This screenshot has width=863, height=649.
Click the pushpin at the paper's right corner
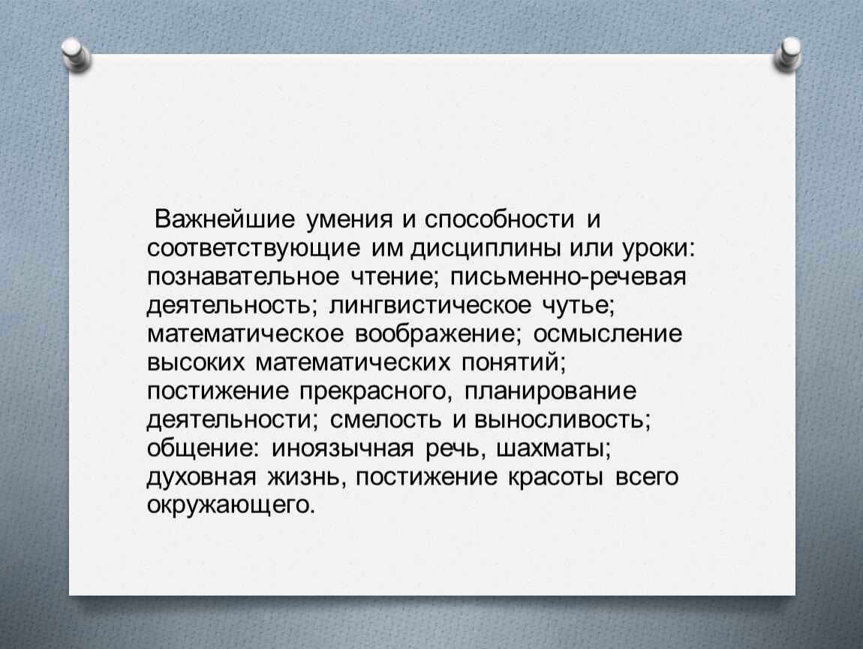pos(788,55)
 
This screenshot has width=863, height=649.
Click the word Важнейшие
pos(224,219)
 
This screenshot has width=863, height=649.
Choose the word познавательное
pos(243,276)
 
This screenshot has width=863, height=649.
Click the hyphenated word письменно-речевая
pos(569,277)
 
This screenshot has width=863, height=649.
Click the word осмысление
pos(608,334)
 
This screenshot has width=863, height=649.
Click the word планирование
pos(550,391)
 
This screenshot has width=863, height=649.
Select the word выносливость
pos(562,420)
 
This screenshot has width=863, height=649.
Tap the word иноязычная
pos(341,448)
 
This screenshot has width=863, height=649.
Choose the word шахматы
pos(553,448)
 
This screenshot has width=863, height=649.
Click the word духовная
pos(201,477)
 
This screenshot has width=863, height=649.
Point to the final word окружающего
pos(231,506)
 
